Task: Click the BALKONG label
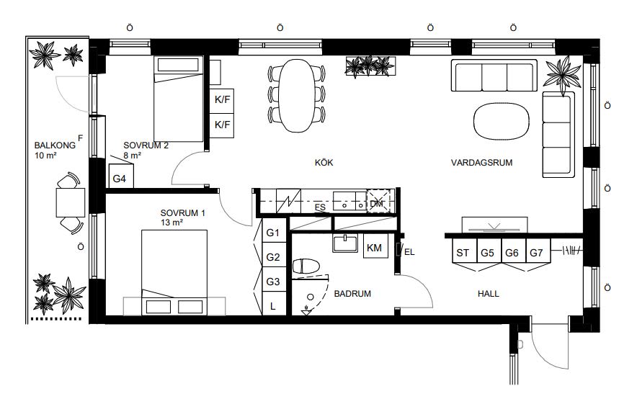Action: [x=55, y=145]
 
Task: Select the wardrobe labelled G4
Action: [x=121, y=176]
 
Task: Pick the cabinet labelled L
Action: [x=273, y=303]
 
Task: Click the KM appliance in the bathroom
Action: [x=375, y=246]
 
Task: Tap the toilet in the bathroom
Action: [x=306, y=266]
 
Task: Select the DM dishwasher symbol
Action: [x=378, y=201]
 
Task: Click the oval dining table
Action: [x=297, y=96]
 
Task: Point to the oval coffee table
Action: [x=502, y=121]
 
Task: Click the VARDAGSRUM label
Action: [x=481, y=163]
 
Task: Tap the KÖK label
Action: [x=324, y=163]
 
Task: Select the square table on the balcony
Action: [x=71, y=202]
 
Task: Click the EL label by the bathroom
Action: [x=409, y=252]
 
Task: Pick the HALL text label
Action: [x=489, y=293]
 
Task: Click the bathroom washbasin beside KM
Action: [x=345, y=243]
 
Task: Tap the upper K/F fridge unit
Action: [x=222, y=101]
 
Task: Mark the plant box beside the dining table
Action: [x=370, y=66]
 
